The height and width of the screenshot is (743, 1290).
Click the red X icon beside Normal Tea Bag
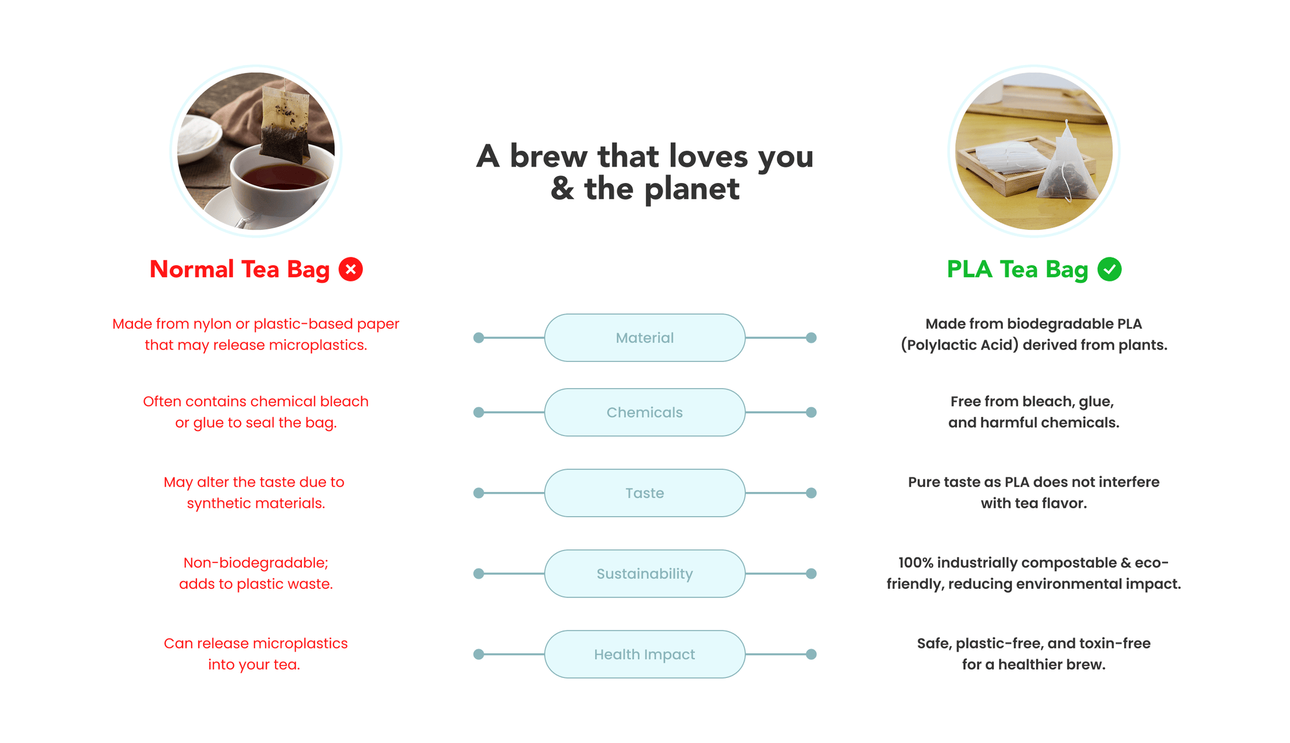tap(351, 269)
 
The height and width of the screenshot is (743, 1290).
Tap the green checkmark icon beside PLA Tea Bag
tap(1109, 269)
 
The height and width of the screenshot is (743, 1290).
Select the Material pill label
tap(644, 338)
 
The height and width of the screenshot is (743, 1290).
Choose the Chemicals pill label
tap(644, 412)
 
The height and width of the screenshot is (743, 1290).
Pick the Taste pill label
tap(644, 493)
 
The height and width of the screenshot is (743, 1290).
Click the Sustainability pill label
tap(644, 574)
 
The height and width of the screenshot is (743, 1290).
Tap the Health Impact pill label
tap(644, 654)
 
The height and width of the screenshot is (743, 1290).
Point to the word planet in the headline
tap(691, 189)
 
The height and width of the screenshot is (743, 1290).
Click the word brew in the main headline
tap(548, 157)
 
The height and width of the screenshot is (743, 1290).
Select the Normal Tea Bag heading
tap(239, 269)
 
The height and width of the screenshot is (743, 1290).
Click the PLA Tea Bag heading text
tap(1017, 269)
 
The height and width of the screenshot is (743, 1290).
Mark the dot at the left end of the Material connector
tap(478, 338)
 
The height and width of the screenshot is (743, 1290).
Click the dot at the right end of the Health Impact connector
tap(811, 654)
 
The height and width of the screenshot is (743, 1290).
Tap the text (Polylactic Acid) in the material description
tap(959, 345)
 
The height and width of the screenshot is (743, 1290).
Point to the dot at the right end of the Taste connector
tap(811, 493)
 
